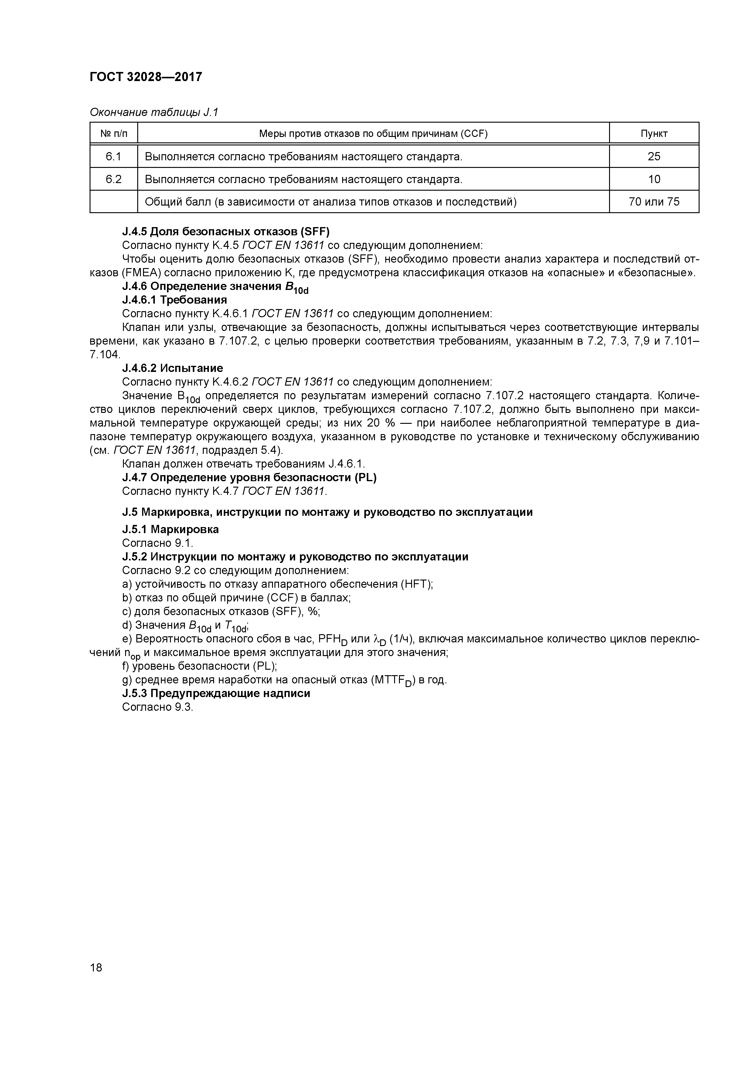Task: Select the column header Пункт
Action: pyautogui.click(x=654, y=134)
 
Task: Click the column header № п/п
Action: pyautogui.click(x=114, y=134)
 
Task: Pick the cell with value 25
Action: pyautogui.click(x=654, y=156)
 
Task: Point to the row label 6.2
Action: pyautogui.click(x=114, y=179)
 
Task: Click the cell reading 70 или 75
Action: pyautogui.click(x=654, y=202)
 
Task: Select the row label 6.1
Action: pyautogui.click(x=114, y=156)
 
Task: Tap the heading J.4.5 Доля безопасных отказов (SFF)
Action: pyautogui.click(x=226, y=231)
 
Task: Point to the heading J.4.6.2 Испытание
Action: pyautogui.click(x=172, y=368)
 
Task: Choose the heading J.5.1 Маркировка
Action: pyautogui.click(x=170, y=529)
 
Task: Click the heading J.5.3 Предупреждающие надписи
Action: pyautogui.click(x=216, y=693)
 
